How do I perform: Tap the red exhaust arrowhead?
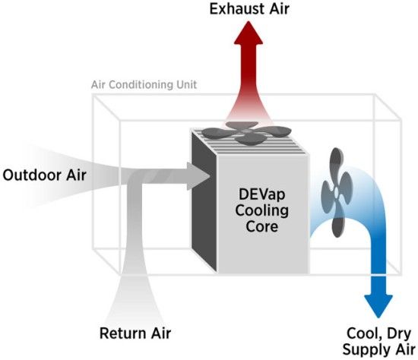tap(249, 33)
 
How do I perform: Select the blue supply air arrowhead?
tap(378, 306)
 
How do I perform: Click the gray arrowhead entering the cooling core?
tap(198, 176)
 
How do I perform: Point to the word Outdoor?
tap(32, 175)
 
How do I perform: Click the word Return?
tap(123, 333)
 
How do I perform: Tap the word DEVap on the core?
tap(262, 194)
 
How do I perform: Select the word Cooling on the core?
tap(261, 211)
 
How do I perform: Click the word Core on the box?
tap(261, 226)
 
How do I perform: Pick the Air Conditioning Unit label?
tap(144, 85)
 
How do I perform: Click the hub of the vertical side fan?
tap(336, 192)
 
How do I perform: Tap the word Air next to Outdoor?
tap(76, 175)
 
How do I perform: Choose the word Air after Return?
tap(161, 333)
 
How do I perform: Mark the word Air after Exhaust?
tap(279, 9)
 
